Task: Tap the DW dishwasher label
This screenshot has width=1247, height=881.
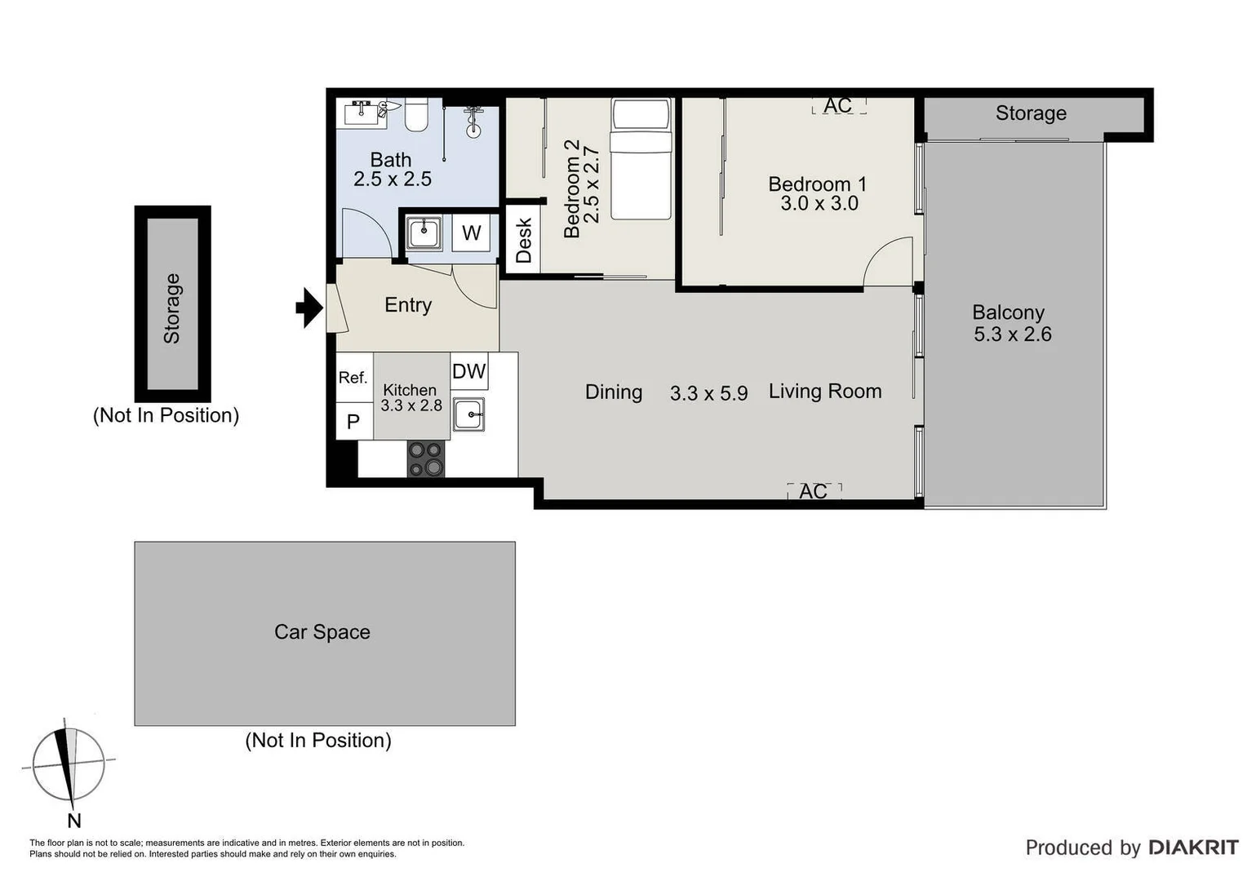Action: coord(468,372)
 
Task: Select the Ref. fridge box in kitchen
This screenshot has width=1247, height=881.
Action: coord(353,378)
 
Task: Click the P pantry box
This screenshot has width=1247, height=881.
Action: coord(353,422)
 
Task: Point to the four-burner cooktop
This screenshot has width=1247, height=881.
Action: coord(426,458)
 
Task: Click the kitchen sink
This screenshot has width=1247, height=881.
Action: coord(469,414)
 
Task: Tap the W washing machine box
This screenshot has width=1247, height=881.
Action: coord(471,233)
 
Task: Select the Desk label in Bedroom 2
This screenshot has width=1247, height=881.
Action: coord(523,239)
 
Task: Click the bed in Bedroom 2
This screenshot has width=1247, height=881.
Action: coord(641,159)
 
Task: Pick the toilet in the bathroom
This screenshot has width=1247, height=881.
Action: coord(416,114)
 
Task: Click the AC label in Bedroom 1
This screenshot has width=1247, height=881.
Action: coord(838,105)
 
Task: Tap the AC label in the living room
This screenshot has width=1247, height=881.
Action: coord(814,491)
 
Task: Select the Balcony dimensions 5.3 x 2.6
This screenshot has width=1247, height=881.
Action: coord(1012,334)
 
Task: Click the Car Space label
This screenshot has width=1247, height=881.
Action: coord(322,632)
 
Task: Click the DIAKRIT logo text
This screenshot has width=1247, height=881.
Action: coord(1193,848)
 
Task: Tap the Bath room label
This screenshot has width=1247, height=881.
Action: coord(391,160)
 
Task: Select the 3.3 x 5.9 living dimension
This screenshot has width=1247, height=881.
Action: coord(708,393)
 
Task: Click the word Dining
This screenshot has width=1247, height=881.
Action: coord(614,392)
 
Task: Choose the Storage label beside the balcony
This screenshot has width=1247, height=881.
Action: coord(1031,113)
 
